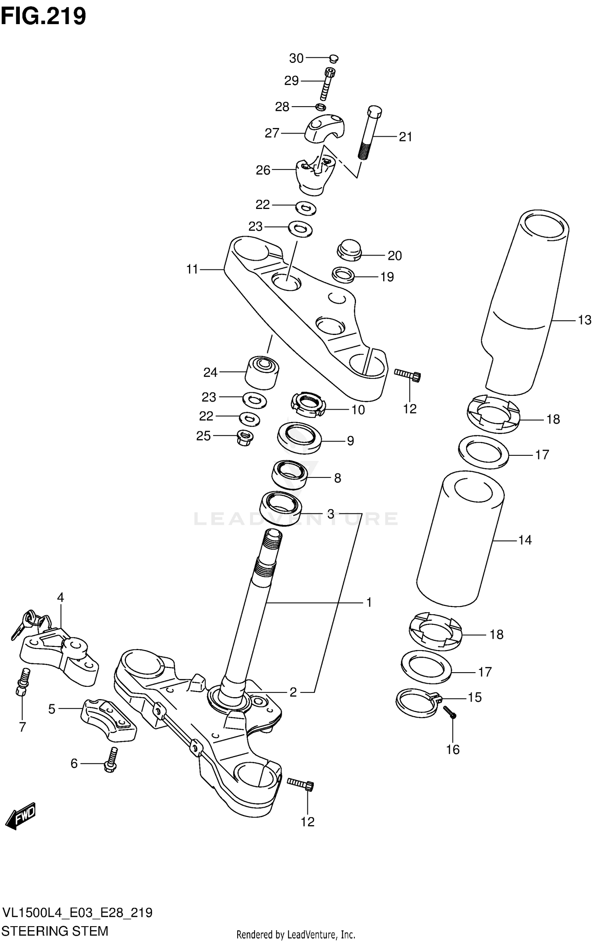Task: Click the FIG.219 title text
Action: pyautogui.click(x=43, y=17)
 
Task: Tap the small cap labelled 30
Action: pyautogui.click(x=333, y=59)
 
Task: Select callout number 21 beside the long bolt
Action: pyautogui.click(x=405, y=137)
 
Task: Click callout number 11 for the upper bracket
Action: pyautogui.click(x=192, y=269)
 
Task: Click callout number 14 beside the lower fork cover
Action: pyautogui.click(x=525, y=540)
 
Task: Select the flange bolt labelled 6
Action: pyautogui.click(x=111, y=760)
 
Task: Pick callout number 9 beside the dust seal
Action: pyautogui.click(x=350, y=441)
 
